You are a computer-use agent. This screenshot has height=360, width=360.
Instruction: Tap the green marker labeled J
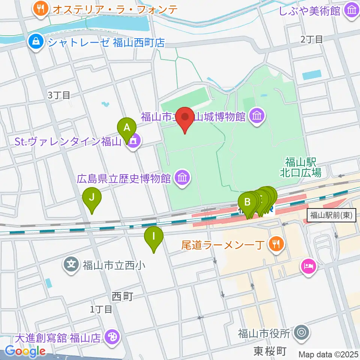tap(92, 197)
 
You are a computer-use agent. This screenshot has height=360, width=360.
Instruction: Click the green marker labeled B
tap(247, 202)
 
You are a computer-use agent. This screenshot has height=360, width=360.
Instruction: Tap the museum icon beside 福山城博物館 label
tap(257, 117)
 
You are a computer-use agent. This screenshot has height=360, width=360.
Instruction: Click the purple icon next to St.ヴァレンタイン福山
tap(133, 142)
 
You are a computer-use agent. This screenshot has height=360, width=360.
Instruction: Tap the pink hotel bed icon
tap(309, 267)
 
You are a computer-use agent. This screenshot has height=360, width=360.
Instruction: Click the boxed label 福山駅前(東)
tap(331, 216)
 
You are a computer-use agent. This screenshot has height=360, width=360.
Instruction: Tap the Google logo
tap(25, 351)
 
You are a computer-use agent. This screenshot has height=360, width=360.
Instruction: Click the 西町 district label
tap(123, 296)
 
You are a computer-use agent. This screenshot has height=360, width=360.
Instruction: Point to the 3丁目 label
tap(59, 95)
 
